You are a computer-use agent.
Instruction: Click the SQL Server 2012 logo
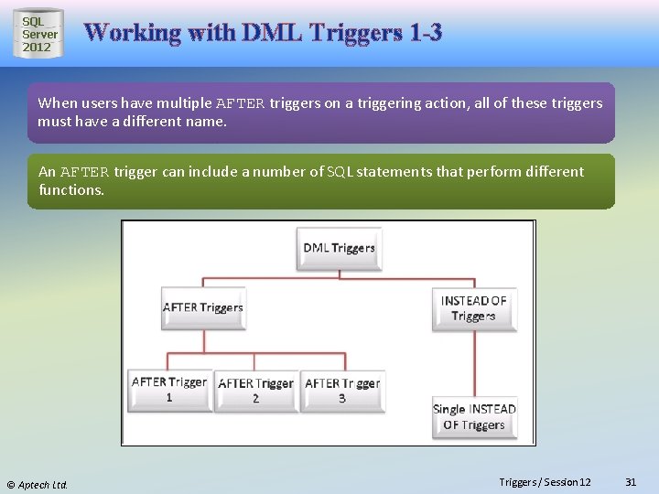[38, 34]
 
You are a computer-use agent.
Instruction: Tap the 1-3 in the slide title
[426, 33]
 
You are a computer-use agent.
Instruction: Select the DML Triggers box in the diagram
[339, 248]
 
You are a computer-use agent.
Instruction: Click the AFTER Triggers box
[202, 308]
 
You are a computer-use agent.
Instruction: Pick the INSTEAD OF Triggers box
[473, 308]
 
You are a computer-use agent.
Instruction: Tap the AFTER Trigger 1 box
[169, 390]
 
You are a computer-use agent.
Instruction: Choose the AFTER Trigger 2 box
[255, 391]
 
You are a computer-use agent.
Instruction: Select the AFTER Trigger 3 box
[342, 391]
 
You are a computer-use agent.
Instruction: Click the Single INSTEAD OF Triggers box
[474, 417]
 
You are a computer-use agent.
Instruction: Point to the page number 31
[630, 482]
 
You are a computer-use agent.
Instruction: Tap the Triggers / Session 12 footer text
[545, 482]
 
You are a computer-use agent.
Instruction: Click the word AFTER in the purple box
[241, 103]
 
